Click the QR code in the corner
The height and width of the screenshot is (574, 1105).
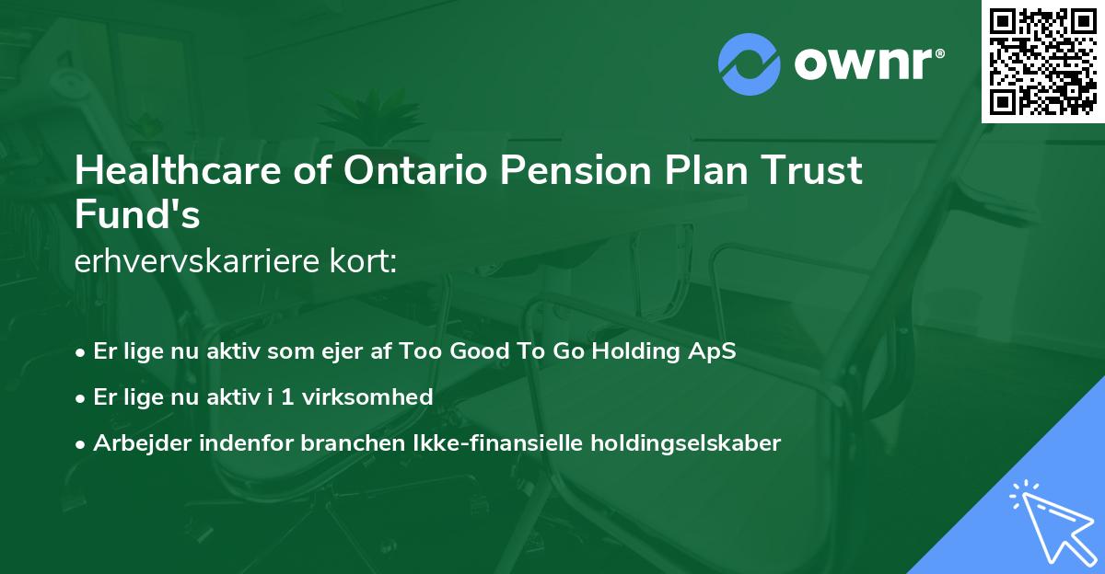click(x=1043, y=61)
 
